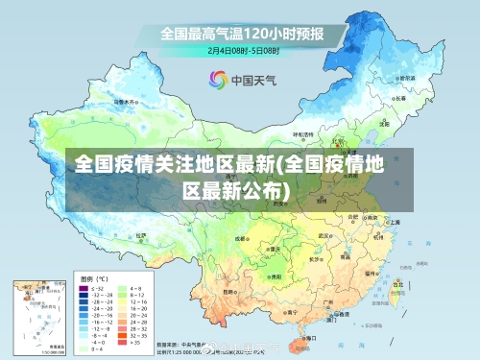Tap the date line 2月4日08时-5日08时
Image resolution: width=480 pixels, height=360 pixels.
point(244,49)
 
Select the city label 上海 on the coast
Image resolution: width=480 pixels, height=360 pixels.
point(395,222)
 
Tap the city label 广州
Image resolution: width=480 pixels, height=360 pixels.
point(328,302)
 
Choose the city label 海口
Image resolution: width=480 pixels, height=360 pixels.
point(313,339)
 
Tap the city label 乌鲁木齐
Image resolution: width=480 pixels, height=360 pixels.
point(120,99)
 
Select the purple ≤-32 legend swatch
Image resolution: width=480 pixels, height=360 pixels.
point(84,288)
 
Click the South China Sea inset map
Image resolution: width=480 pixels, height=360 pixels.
point(36,316)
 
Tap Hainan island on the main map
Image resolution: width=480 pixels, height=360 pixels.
point(305,346)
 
